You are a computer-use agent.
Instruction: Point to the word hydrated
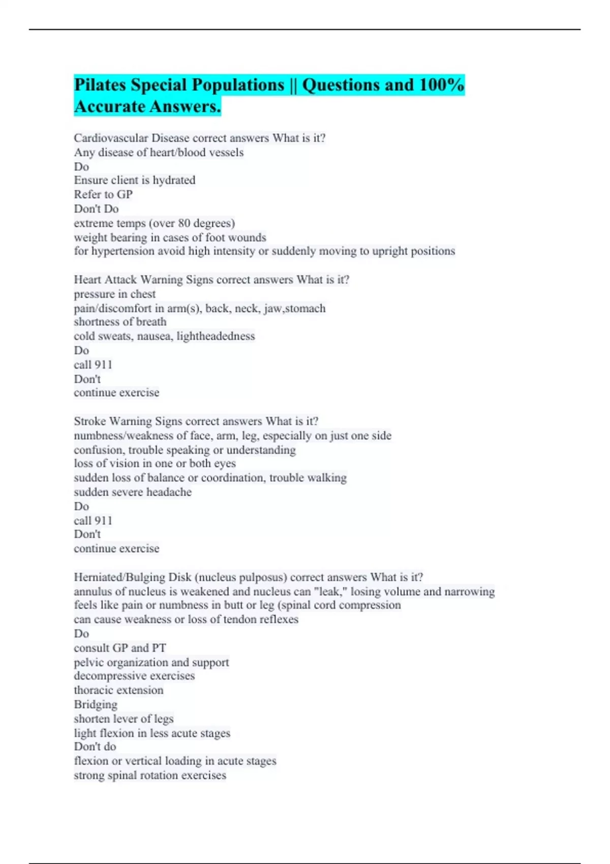click(174, 180)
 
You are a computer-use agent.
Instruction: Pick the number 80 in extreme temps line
click(184, 223)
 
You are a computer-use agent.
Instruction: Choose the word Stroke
click(89, 421)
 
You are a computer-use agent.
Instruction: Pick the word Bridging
click(96, 705)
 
